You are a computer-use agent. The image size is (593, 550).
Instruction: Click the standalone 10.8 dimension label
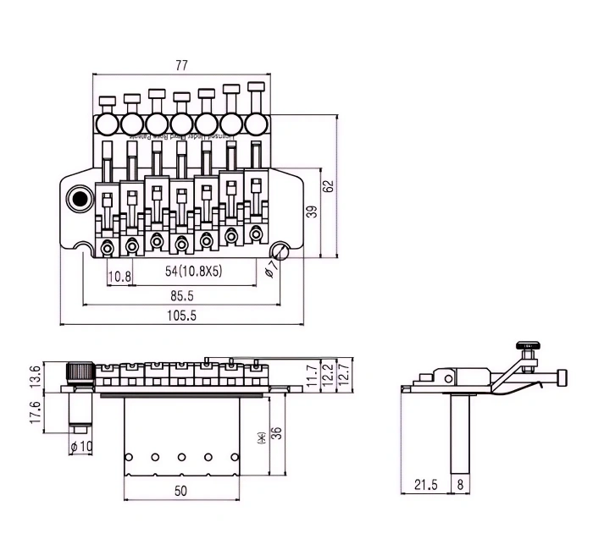coord(119,276)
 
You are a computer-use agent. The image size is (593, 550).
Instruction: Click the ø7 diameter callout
coord(271,268)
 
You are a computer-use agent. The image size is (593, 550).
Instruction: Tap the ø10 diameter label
coord(82,446)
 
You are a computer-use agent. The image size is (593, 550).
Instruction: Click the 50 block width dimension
coord(180,490)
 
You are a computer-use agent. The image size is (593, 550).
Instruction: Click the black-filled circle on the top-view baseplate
coord(80,200)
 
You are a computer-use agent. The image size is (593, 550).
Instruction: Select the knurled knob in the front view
coord(80,371)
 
